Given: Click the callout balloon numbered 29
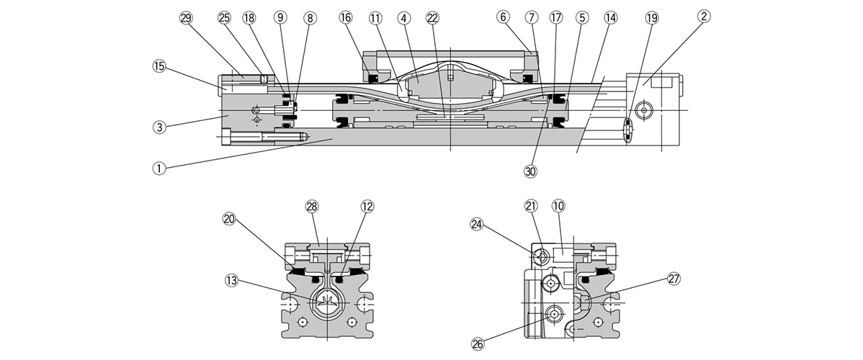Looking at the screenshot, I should [x=186, y=17].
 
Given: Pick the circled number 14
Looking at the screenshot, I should [x=611, y=17].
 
